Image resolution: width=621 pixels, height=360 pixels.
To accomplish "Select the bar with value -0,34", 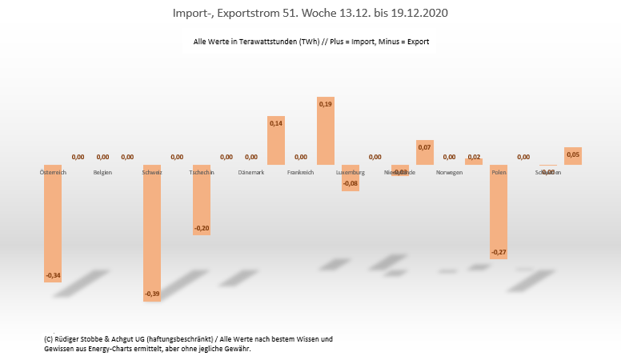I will [x=53, y=224].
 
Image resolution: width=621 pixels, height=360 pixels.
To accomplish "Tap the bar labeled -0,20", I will [x=202, y=200].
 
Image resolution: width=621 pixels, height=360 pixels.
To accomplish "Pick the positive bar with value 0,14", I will [x=276, y=141].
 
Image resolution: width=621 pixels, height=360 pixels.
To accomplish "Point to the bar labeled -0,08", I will [x=351, y=178].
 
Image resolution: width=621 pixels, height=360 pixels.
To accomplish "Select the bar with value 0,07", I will [x=425, y=153].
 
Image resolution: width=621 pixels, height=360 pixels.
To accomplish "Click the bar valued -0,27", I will [x=499, y=212].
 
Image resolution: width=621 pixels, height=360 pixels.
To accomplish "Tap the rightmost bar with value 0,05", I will [x=573, y=156].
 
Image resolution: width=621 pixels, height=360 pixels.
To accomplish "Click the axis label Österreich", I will [x=53, y=172].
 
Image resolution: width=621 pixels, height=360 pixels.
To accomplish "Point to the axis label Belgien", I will [x=102, y=172].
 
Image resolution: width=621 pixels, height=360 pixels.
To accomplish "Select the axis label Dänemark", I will [x=251, y=172].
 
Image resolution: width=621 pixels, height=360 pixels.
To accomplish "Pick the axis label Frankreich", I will [x=301, y=172].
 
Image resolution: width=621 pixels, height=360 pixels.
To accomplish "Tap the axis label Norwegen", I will [x=450, y=172].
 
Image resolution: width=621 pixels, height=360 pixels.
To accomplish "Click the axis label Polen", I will [x=499, y=172].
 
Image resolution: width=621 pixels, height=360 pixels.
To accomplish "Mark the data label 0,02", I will [x=474, y=157].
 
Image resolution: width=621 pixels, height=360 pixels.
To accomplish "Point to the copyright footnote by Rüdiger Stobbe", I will [x=189, y=343].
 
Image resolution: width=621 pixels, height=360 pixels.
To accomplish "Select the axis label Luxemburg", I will [x=351, y=172].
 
